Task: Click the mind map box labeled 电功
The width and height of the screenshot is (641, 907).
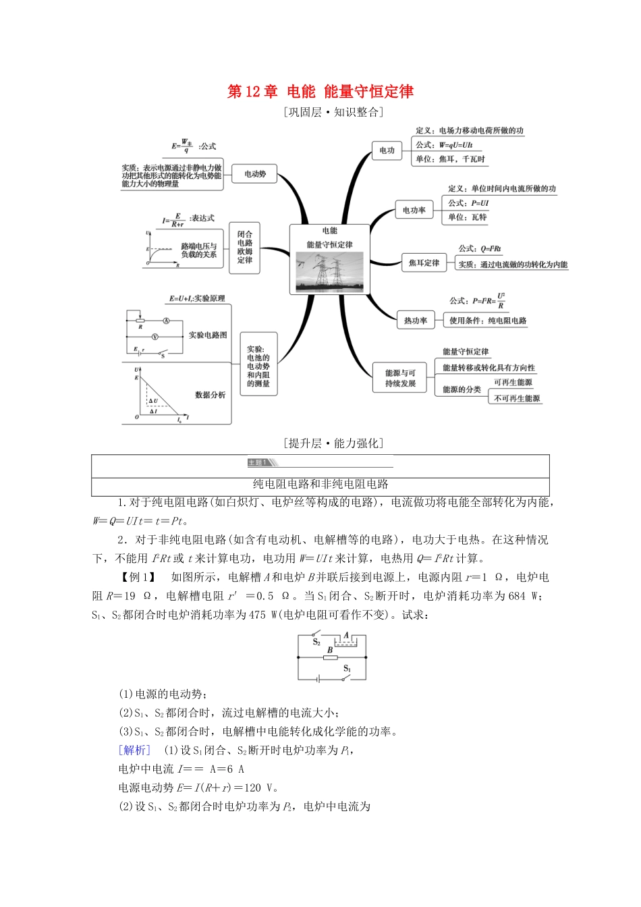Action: pyautogui.click(x=387, y=150)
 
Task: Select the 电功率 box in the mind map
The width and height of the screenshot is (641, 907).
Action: pyautogui.click(x=414, y=210)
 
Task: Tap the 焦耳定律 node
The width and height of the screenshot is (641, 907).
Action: pyautogui.click(x=424, y=263)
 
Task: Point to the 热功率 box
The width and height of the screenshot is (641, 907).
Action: pyautogui.click(x=416, y=321)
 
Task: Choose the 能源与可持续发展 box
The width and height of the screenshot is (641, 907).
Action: pyautogui.click(x=400, y=378)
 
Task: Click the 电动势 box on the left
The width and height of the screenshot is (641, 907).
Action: pyautogui.click(x=255, y=174)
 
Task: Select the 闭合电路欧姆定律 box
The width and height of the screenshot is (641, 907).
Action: pyautogui.click(x=244, y=247)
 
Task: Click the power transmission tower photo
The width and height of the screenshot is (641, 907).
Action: pyautogui.click(x=330, y=271)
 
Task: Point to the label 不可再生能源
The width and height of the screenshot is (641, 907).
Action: pyautogui.click(x=517, y=398)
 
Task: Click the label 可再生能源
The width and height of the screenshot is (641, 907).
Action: pyautogui.click(x=513, y=382)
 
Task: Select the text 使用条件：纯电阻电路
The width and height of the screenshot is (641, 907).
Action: pyautogui.click(x=488, y=321)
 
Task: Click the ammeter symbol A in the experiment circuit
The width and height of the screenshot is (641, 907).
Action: pyautogui.click(x=166, y=321)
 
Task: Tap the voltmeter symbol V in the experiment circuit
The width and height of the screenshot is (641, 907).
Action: pyautogui.click(x=155, y=336)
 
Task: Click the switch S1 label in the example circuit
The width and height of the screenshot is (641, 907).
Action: pyautogui.click(x=347, y=668)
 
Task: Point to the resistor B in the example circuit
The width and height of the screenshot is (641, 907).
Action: pyautogui.click(x=330, y=657)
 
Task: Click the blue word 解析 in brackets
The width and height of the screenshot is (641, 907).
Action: pyautogui.click(x=134, y=750)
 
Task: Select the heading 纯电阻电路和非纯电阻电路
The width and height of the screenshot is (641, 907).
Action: pyautogui.click(x=320, y=484)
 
